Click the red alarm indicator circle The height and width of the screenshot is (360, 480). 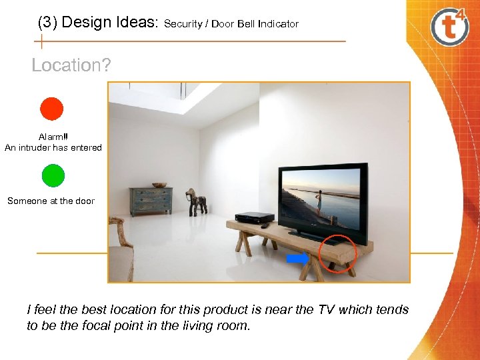pyautogui.click(x=51, y=109)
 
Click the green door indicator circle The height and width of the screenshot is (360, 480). pyautogui.click(x=53, y=175)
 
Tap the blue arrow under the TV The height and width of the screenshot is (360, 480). pyautogui.click(x=298, y=258)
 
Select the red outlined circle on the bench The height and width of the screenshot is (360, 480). pyautogui.click(x=338, y=254)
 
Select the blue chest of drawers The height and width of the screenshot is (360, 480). pyautogui.click(x=151, y=201)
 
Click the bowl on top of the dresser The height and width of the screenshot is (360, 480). pyautogui.click(x=159, y=185)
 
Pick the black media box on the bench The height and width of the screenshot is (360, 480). pyautogui.click(x=254, y=217)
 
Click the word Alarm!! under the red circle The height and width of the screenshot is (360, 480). pyautogui.click(x=53, y=137)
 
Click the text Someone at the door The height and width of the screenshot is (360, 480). pyautogui.click(x=51, y=201)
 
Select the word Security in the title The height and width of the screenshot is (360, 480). pyautogui.click(x=183, y=24)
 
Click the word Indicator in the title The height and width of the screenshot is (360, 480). pyautogui.click(x=279, y=24)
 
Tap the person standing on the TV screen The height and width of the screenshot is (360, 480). pyautogui.click(x=319, y=200)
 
